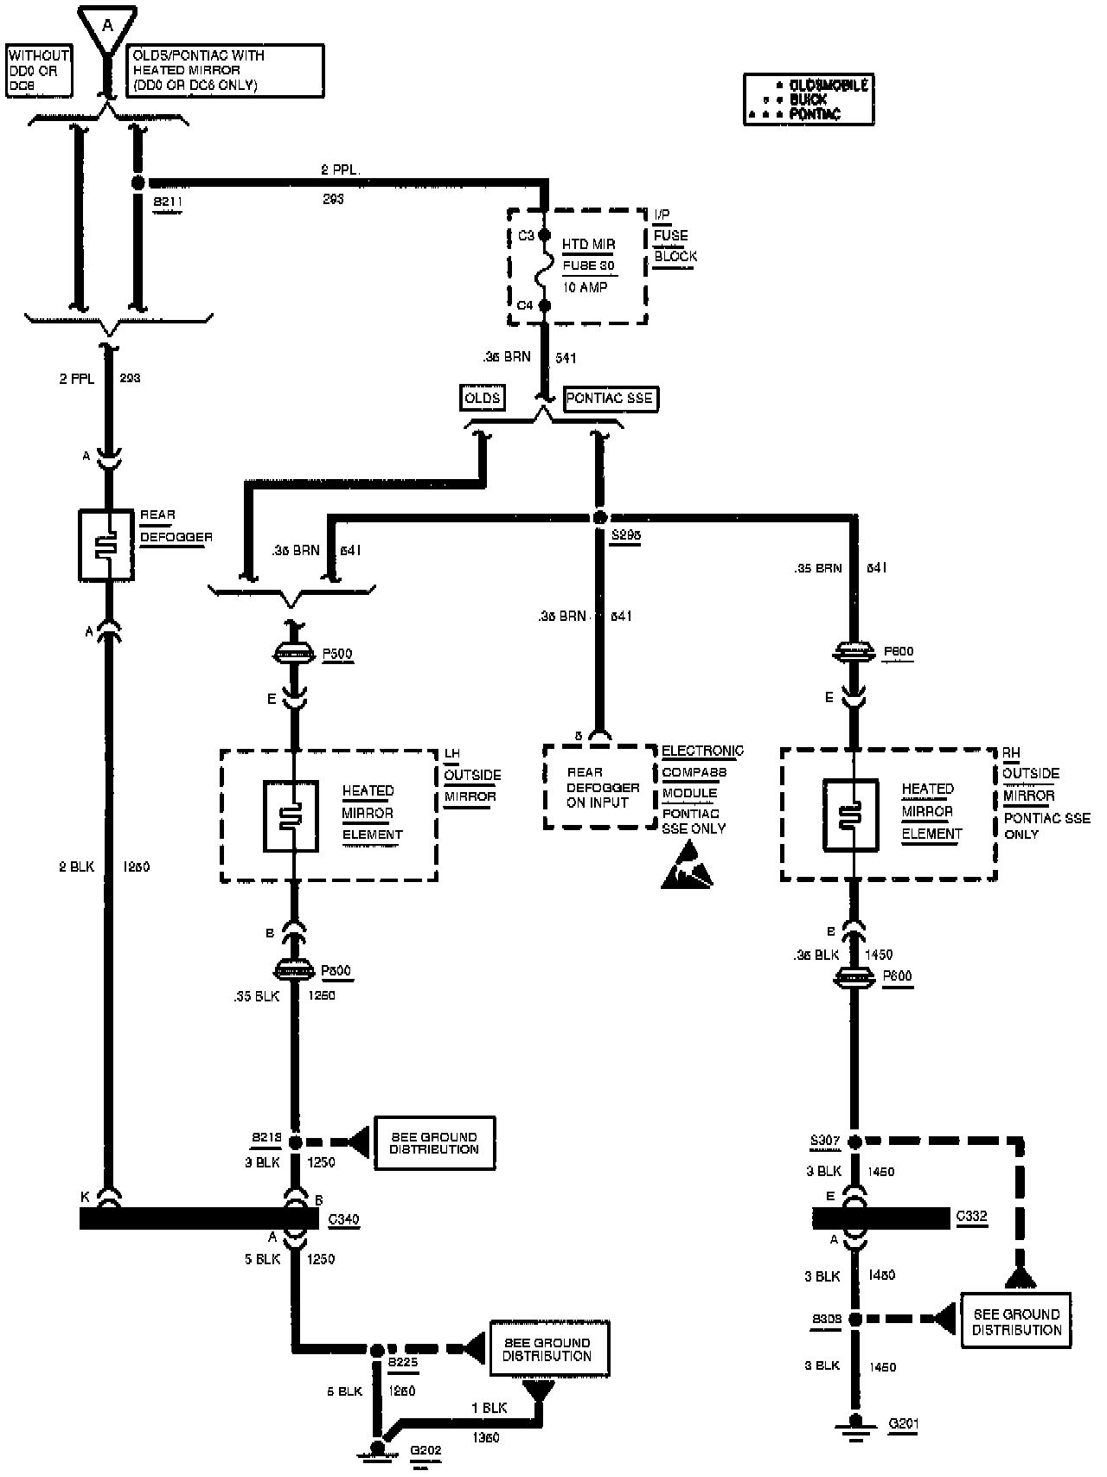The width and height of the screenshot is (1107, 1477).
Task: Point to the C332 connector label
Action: click(972, 1217)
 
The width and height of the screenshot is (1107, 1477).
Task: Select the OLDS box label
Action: click(482, 398)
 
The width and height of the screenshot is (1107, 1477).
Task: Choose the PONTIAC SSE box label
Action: click(610, 399)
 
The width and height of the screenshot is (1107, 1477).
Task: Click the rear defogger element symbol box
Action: click(106, 545)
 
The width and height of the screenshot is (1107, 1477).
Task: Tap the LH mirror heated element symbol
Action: click(291, 816)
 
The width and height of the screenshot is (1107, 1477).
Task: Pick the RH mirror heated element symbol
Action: click(850, 815)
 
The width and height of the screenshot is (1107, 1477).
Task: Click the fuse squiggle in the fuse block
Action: click(546, 271)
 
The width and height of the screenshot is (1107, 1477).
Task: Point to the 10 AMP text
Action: click(585, 287)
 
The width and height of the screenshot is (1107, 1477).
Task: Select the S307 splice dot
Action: click(854, 1141)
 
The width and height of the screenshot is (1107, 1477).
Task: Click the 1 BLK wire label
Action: click(490, 1408)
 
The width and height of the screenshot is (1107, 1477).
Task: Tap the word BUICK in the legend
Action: click(809, 99)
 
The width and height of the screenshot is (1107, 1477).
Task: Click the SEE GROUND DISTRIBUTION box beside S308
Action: click(1016, 1320)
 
